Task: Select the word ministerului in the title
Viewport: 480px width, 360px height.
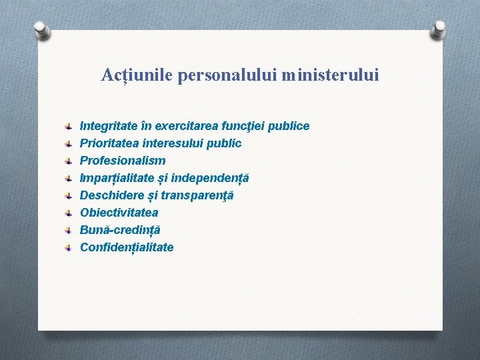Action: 330,75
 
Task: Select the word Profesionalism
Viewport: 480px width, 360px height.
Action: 123,161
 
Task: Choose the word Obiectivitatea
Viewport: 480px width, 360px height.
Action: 119,213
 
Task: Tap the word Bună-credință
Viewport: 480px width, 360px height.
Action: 120,230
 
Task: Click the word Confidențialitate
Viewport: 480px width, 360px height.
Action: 127,247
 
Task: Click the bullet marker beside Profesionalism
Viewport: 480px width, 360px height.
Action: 69,161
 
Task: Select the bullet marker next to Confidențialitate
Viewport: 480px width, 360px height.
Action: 69,247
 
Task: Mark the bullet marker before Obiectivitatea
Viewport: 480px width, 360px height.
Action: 69,213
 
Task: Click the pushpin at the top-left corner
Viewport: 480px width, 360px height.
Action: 42,29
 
